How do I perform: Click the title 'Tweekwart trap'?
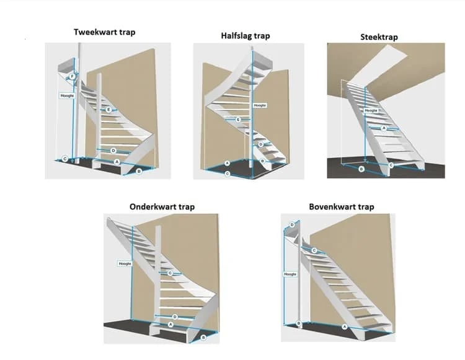(x=104, y=32)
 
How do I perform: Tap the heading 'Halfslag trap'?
(x=246, y=36)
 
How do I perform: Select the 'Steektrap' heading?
(x=379, y=37)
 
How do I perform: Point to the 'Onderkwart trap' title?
(x=162, y=206)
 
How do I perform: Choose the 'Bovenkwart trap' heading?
(x=342, y=206)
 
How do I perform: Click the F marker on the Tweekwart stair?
(x=73, y=77)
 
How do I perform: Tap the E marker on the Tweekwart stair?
(x=108, y=110)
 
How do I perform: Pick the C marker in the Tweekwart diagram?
(x=65, y=159)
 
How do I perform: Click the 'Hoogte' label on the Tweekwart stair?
(x=66, y=96)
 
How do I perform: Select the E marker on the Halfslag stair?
(x=238, y=119)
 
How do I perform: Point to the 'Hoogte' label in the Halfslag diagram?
(x=260, y=105)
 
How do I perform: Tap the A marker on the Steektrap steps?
(x=383, y=128)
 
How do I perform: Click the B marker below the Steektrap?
(x=361, y=169)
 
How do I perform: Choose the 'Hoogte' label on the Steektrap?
(x=371, y=111)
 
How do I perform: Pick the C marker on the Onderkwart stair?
(x=170, y=273)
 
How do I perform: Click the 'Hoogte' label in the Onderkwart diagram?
(x=125, y=263)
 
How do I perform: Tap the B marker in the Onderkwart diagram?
(x=204, y=338)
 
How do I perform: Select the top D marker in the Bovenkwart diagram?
(x=292, y=224)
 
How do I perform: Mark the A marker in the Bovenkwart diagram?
(x=345, y=326)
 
